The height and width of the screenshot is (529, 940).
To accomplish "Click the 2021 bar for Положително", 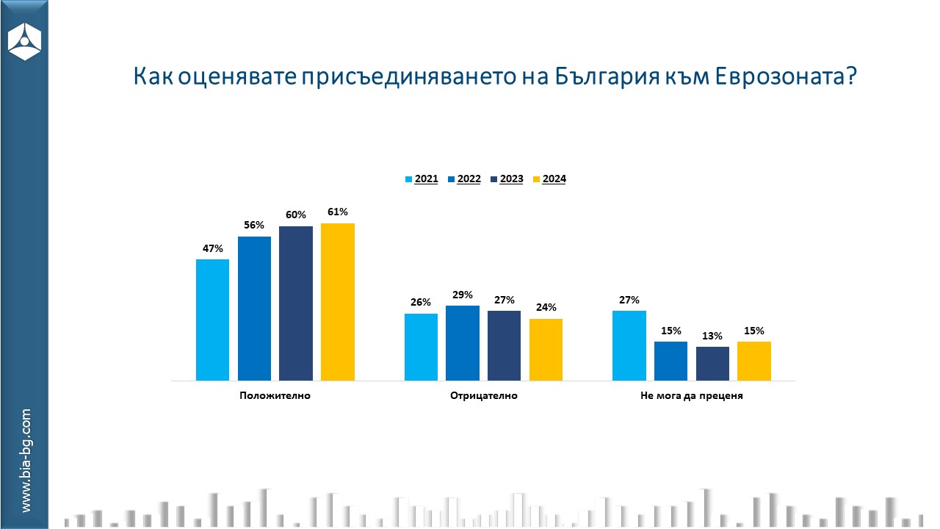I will [x=212, y=320].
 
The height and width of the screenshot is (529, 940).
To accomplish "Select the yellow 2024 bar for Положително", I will [x=338, y=301].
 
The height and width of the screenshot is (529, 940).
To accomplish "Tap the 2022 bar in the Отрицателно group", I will [x=463, y=342].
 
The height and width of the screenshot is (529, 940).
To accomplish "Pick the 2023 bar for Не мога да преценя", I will [x=712, y=363].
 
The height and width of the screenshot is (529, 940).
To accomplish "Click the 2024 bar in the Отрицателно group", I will [x=546, y=349].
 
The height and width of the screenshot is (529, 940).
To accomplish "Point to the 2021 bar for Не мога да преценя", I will [x=629, y=345].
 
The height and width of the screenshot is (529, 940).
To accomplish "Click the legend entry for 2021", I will [x=422, y=179].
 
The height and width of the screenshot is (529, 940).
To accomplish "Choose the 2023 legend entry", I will [x=507, y=179].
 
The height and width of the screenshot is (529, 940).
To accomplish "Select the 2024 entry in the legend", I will [x=549, y=179].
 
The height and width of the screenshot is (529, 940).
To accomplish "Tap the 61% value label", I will [x=338, y=212].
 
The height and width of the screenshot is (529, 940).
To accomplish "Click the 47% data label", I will [x=213, y=248].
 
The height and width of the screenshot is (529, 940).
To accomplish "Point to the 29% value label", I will [x=463, y=295].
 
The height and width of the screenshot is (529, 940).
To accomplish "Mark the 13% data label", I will [x=712, y=336].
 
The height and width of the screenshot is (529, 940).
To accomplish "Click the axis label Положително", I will [x=275, y=396].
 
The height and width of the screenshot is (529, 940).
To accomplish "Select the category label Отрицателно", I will [x=483, y=396].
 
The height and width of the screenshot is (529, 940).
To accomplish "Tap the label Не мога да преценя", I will [x=692, y=396].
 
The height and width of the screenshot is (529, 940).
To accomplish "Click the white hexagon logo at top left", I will [x=24, y=40].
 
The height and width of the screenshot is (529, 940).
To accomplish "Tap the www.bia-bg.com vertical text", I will [x=26, y=461].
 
